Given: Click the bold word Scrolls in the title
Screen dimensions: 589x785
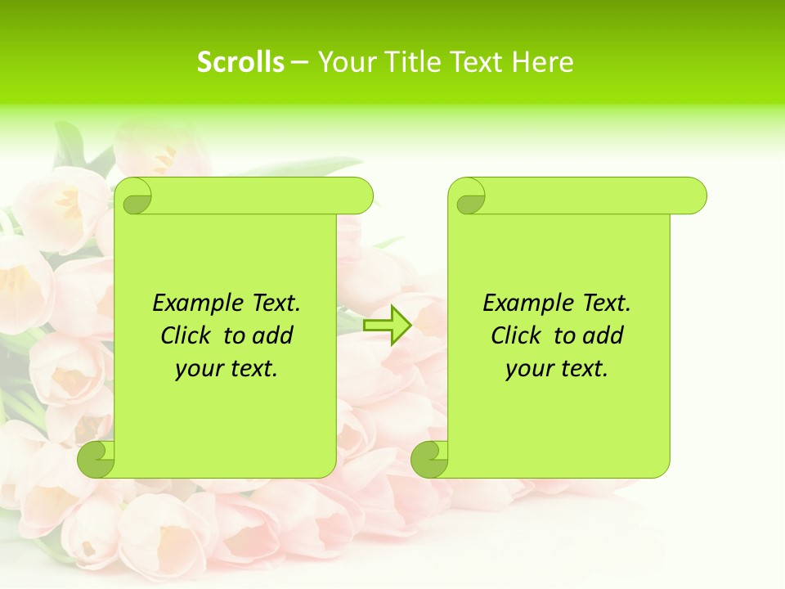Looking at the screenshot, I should (x=240, y=62).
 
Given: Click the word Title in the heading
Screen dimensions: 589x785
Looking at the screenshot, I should (x=415, y=62).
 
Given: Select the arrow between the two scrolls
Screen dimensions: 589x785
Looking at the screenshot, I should (x=387, y=326).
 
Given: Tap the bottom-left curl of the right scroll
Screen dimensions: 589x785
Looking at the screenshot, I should (x=430, y=459).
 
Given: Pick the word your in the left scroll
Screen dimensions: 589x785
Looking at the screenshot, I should (x=198, y=369).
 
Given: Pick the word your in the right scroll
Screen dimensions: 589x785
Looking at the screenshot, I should (x=528, y=369).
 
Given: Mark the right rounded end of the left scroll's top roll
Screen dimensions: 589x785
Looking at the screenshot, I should (x=362, y=196).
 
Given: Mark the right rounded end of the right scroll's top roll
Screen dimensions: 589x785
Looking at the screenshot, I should (x=696, y=196).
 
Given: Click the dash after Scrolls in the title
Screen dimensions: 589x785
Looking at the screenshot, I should (x=299, y=63).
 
